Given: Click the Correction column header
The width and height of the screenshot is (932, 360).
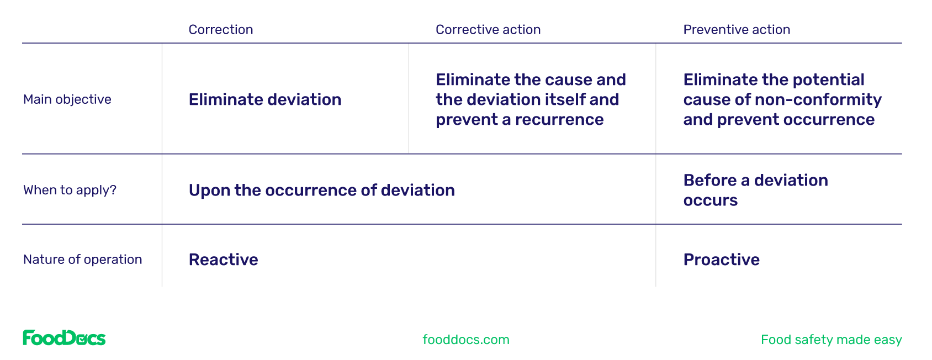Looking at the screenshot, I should point(221,30).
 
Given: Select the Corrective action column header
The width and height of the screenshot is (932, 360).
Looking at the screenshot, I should point(488,30).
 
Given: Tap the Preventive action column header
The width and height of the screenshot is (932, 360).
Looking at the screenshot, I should point(737,30).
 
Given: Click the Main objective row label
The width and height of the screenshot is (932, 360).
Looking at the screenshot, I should point(67,99).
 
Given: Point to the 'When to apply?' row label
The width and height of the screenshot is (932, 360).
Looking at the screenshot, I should point(70,190).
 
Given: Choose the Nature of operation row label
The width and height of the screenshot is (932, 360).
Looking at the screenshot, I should point(83,260).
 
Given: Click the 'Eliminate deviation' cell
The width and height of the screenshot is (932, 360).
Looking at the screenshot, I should point(265,99).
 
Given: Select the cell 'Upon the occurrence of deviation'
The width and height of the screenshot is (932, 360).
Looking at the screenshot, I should point(321,190).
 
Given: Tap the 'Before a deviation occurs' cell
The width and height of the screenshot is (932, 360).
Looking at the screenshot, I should point(755,190).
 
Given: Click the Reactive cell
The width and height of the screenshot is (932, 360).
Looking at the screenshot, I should point(224,260).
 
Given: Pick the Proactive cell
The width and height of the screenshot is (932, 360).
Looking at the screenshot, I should point(722,260).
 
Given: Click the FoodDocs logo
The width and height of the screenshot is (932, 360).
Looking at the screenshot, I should point(64,338).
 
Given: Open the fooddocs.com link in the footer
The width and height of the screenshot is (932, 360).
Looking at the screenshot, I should point(466,340).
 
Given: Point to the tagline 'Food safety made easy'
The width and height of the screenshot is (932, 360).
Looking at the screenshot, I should point(831,340).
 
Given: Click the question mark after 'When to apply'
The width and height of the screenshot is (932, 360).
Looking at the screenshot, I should point(113,190).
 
